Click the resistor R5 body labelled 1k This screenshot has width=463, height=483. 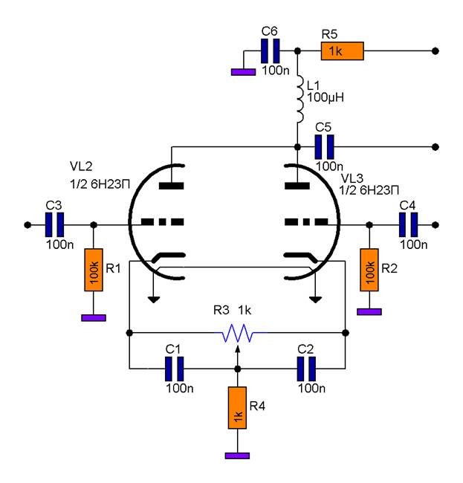pos(342,51)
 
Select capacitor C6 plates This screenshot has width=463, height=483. pos(271,51)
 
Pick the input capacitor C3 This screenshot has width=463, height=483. pos(53,224)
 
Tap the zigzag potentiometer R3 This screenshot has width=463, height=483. pos(237,336)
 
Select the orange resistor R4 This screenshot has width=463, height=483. pos(237,409)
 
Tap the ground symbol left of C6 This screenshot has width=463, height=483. pos(242,72)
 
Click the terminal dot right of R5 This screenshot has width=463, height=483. pos(434,51)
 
